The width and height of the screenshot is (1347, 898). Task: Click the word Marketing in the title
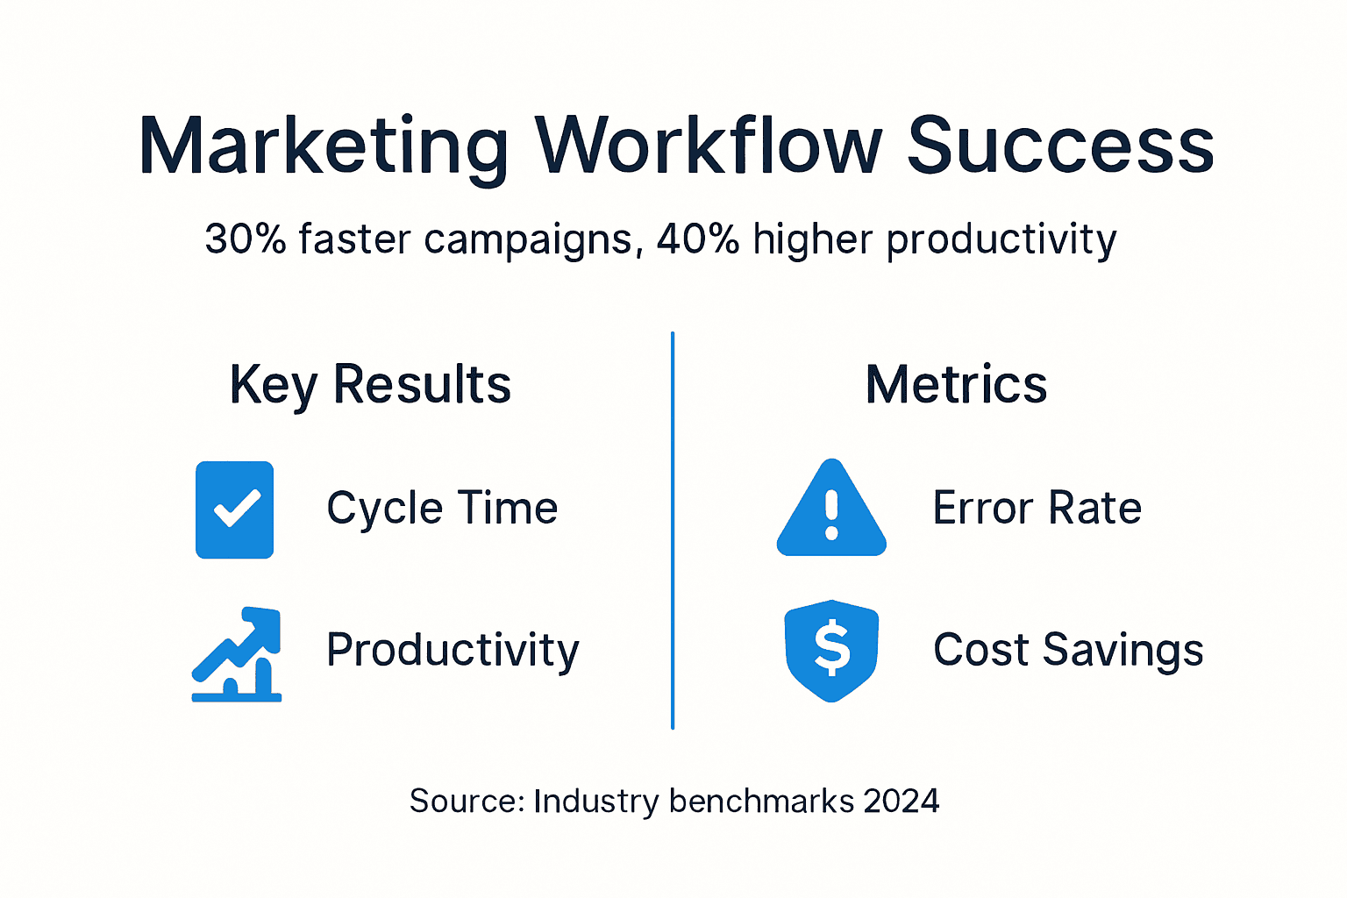tap(323, 147)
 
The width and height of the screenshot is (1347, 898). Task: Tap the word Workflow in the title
tap(709, 146)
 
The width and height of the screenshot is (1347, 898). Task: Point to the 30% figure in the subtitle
tap(246, 239)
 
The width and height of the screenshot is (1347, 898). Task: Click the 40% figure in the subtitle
tap(698, 239)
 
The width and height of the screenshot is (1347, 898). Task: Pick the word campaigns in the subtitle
tap(528, 240)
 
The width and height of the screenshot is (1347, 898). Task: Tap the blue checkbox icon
tap(235, 510)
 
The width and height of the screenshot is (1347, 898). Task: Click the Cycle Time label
tap(442, 509)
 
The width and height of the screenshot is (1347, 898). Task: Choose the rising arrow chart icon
tap(237, 654)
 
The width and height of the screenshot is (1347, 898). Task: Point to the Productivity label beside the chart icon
tap(453, 651)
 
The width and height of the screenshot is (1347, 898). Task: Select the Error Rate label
tap(1037, 509)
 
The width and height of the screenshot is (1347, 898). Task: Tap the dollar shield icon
tap(831, 650)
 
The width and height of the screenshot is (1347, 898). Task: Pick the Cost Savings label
tap(1068, 651)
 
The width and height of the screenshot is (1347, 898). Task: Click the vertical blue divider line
tap(673, 530)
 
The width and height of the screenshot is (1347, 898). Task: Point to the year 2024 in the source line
tap(901, 801)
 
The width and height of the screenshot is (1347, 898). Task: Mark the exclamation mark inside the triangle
tap(831, 516)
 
